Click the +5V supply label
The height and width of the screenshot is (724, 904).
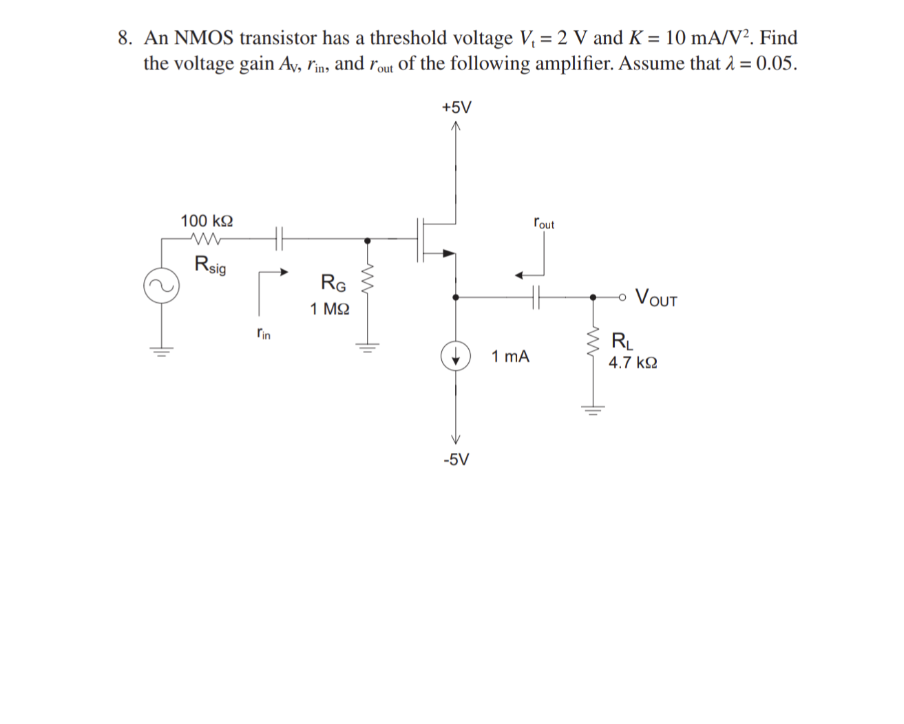[x=456, y=107]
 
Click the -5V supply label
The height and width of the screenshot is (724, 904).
[x=456, y=460]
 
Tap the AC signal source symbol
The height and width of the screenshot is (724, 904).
[x=162, y=286]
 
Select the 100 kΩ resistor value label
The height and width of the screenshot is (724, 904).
[x=207, y=221]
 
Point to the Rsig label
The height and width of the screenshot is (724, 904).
[x=210, y=264]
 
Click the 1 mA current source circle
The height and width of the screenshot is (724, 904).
[x=455, y=356]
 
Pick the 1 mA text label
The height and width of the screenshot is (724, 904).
[x=510, y=356]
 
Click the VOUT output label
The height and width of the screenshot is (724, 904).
[x=656, y=298]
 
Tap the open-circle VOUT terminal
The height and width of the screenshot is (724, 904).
[x=623, y=297]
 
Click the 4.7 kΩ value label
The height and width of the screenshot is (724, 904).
[x=633, y=363]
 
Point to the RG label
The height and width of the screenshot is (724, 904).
[x=333, y=282]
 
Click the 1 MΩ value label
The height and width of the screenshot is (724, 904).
[x=329, y=309]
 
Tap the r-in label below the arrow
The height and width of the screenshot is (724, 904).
[x=263, y=334]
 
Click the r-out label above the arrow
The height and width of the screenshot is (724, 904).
[x=543, y=224]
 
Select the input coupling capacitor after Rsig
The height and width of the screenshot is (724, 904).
[x=279, y=239]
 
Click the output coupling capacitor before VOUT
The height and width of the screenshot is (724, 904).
[x=537, y=297]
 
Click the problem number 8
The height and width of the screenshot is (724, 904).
[x=125, y=38]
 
